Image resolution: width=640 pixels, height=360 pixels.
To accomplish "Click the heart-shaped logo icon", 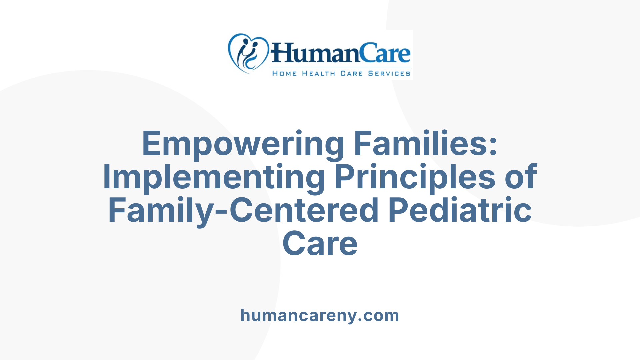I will (248, 53).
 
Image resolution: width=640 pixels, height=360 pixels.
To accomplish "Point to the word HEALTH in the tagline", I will (318, 74).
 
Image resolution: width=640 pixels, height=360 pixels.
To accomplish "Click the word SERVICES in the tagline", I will (389, 74).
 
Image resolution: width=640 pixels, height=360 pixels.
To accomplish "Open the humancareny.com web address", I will (320, 315).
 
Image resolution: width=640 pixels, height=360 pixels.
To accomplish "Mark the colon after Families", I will (493, 147).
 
